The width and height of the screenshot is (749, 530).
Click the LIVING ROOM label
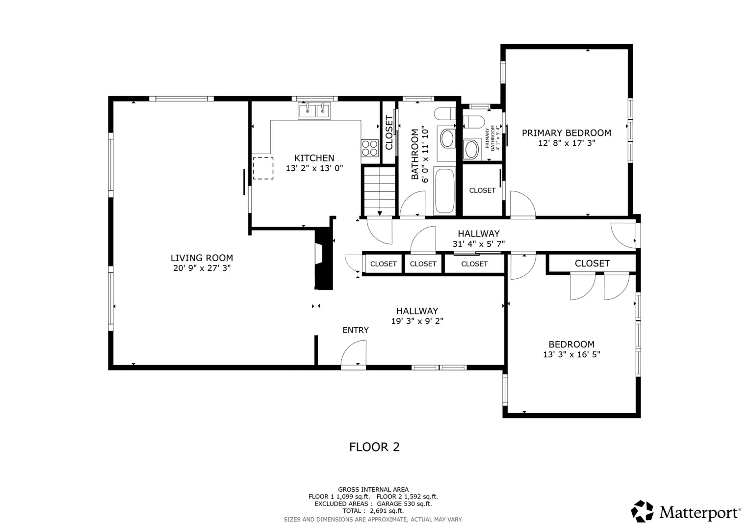click(202, 258)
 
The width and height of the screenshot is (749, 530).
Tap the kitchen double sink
click(314, 110)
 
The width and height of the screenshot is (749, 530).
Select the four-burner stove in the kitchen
click(369, 148)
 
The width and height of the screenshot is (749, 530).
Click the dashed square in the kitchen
click(263, 168)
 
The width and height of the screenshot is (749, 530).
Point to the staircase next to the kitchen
click(380, 192)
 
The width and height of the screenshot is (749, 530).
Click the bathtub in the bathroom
click(444, 191)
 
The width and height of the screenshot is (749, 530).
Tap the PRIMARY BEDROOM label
click(567, 133)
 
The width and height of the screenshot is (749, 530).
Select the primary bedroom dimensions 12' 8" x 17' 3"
click(567, 143)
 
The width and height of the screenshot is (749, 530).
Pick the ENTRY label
click(356, 330)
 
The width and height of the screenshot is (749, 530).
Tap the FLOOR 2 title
click(374, 447)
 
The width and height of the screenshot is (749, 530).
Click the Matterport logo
click(685, 511)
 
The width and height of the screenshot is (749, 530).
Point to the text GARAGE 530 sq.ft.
click(404, 503)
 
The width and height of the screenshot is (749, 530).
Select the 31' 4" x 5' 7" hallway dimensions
click(479, 244)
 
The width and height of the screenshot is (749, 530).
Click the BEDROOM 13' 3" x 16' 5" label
click(571, 349)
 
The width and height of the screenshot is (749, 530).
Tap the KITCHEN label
click(314, 158)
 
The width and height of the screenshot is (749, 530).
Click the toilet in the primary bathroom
click(473, 122)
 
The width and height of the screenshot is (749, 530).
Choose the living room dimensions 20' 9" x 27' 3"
click(202, 268)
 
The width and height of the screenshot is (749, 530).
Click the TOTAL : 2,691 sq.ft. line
click(373, 511)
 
